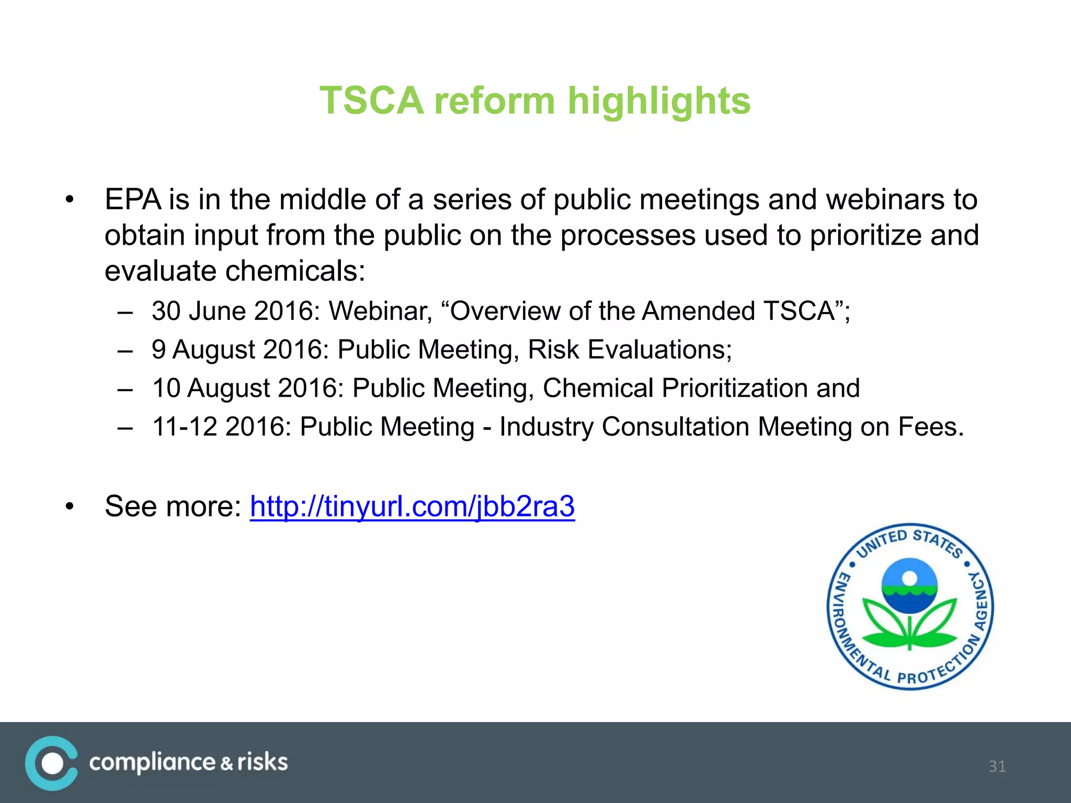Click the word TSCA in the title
tap(371, 100)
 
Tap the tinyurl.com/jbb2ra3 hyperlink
tap(412, 506)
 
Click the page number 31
tap(997, 766)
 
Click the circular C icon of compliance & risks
tap(51, 763)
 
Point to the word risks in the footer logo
tap(262, 762)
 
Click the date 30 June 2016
tap(235, 311)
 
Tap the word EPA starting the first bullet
tap(133, 200)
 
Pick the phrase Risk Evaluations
tap(629, 349)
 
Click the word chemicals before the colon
tap(294, 271)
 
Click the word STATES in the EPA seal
tap(938, 542)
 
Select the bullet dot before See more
tap(70, 507)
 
